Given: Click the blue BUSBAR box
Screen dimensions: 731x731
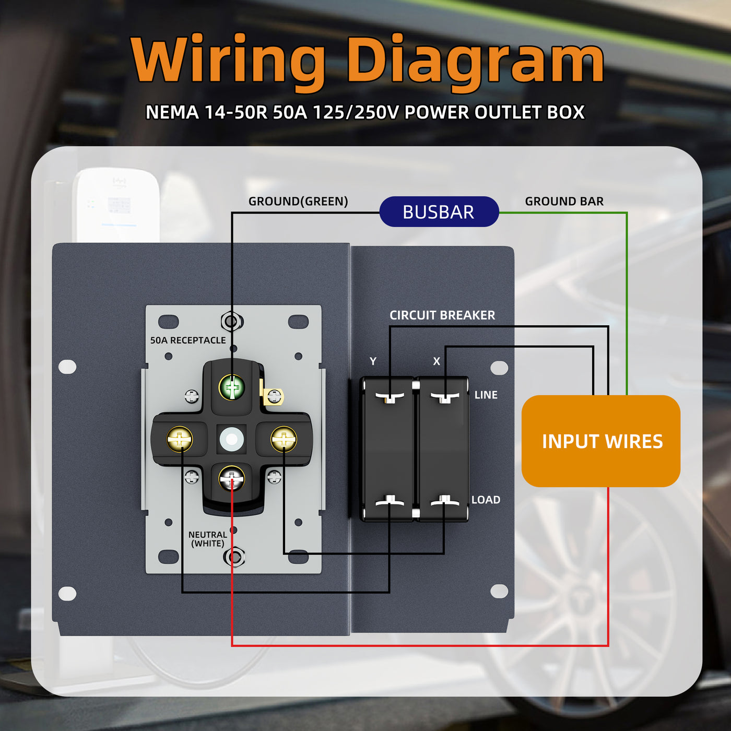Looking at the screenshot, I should point(439,212).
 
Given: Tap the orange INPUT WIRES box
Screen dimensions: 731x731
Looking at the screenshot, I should point(601,441).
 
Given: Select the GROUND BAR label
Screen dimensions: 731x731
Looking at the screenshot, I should point(564,202).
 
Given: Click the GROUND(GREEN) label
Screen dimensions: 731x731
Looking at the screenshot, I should point(298,202).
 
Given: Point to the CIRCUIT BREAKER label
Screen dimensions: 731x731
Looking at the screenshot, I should point(442,315).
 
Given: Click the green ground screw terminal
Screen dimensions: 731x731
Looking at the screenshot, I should point(232,387).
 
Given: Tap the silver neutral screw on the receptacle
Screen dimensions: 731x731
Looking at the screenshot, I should point(232,478).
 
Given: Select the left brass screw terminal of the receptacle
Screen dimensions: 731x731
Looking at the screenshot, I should point(180,439).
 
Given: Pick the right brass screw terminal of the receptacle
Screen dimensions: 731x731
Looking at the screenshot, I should point(284,439).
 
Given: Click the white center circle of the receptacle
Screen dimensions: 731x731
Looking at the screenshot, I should point(232,439).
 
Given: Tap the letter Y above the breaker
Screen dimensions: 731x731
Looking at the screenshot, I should point(373,361).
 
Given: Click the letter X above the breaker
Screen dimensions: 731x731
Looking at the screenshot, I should point(437,361).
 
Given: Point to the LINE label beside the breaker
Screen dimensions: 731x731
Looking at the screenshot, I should point(486,395).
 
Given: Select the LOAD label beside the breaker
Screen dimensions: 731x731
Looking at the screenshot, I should point(486,500).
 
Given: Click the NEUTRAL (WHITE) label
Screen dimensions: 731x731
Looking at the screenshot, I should point(207,539).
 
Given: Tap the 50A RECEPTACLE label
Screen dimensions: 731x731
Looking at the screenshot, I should point(188,340).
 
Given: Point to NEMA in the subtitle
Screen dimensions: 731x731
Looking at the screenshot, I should point(172,112).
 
